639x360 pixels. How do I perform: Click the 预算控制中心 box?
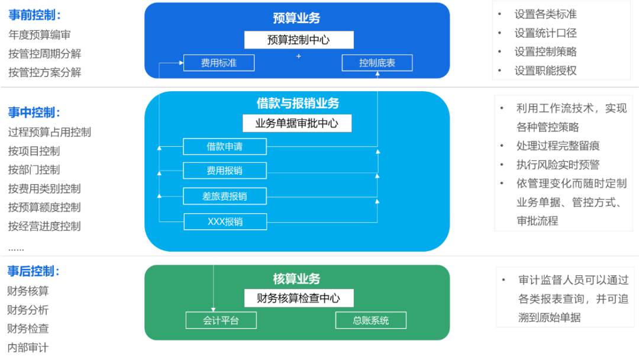pyautogui.click(x=299, y=40)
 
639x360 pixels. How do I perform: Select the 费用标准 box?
pyautogui.click(x=218, y=63)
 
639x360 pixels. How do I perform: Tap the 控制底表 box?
pyautogui.click(x=377, y=63)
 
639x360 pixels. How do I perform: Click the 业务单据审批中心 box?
pyautogui.click(x=297, y=123)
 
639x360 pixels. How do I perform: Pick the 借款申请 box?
pyautogui.click(x=224, y=146)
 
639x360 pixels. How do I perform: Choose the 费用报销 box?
pyautogui.click(x=224, y=171)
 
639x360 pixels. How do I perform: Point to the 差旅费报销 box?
pyautogui.click(x=224, y=196)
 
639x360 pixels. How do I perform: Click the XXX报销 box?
pyautogui.click(x=225, y=222)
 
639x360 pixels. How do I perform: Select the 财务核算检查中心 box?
pyautogui.click(x=299, y=298)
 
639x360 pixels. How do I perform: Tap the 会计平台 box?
pyautogui.click(x=221, y=320)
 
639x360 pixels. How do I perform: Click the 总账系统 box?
pyautogui.click(x=371, y=320)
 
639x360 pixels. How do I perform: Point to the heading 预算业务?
pyautogui.click(x=296, y=18)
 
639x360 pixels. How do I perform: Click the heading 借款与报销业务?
pyautogui.click(x=298, y=104)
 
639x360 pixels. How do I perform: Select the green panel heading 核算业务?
pyautogui.click(x=296, y=278)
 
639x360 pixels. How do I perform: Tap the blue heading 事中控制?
pyautogui.click(x=34, y=112)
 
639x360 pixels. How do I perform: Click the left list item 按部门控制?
pyautogui.click(x=34, y=170)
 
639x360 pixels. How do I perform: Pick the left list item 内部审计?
pyautogui.click(x=28, y=348)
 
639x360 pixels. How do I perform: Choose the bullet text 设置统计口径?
pyautogui.click(x=546, y=33)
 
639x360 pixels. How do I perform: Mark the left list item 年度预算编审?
pyautogui.click(x=40, y=35)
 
